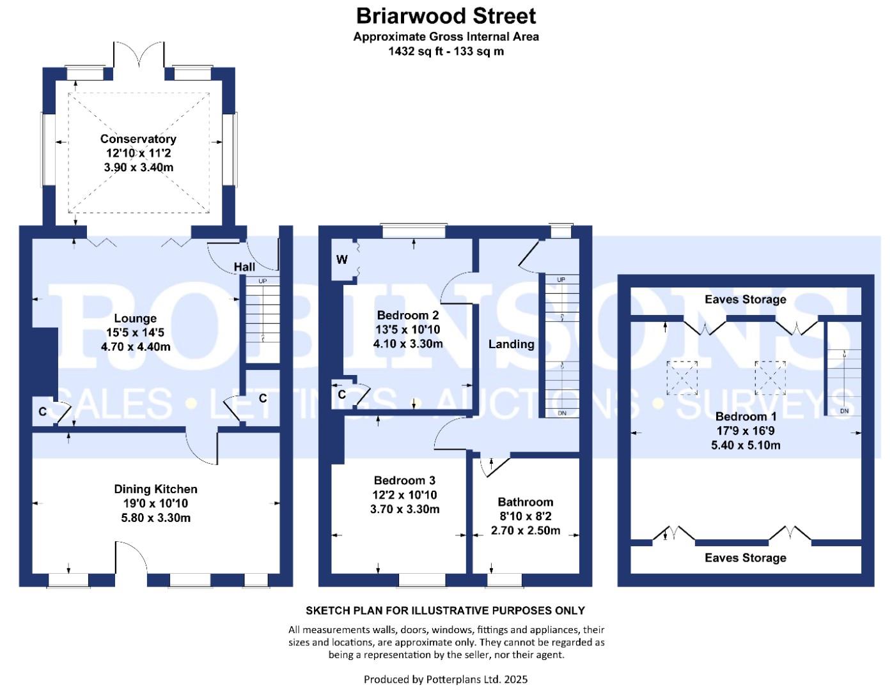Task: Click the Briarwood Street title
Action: coord(446,15)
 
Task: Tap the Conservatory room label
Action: coord(138,139)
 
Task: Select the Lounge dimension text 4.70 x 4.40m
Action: coord(136,347)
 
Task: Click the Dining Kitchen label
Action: coord(155,489)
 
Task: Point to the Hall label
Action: coord(244,267)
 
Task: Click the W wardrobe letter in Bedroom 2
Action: coord(342,259)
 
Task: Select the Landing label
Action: coord(511,344)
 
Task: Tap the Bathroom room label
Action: coord(525,502)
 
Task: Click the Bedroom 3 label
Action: coord(405,480)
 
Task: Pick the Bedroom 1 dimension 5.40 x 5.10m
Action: coord(746,445)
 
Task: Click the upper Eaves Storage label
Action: coord(746,300)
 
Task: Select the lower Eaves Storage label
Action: coord(746,558)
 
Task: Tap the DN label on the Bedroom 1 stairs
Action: coord(844,411)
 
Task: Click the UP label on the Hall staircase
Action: coord(262,281)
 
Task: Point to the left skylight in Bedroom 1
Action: coord(682,377)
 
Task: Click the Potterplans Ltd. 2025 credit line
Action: coord(446,679)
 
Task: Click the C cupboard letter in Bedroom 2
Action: coord(341,395)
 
